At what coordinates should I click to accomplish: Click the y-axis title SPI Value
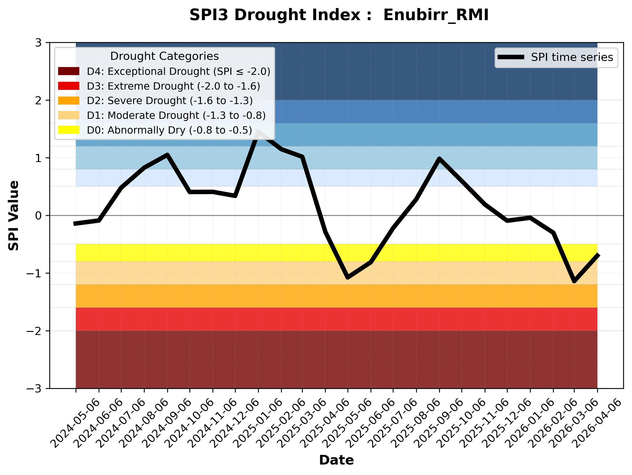[13, 216]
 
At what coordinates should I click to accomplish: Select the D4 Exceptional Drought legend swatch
[69, 71]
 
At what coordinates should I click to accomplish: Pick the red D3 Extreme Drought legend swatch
[69, 86]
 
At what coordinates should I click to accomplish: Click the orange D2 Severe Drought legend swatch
[69, 101]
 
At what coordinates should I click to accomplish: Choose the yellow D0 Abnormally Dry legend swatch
[69, 130]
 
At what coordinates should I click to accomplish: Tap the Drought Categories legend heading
[164, 56]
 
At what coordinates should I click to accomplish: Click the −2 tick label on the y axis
[34, 331]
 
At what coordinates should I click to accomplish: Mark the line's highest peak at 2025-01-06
[259, 132]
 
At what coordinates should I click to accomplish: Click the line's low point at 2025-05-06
[348, 277]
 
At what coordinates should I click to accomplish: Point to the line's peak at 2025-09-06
[439, 159]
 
